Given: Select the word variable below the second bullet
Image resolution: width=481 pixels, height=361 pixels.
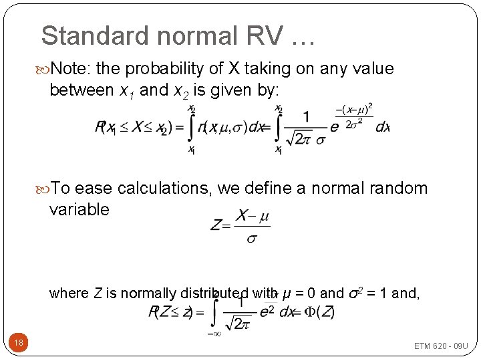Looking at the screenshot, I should (x=79, y=209).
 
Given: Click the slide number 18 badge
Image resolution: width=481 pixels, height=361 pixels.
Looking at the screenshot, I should (x=19, y=343).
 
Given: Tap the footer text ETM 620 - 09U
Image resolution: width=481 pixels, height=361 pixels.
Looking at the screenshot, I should (x=441, y=346).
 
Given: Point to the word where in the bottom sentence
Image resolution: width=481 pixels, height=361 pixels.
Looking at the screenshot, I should (x=69, y=293).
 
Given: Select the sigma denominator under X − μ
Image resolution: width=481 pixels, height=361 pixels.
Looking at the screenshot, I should (x=251, y=239).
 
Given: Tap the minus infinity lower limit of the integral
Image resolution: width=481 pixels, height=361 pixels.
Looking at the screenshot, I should (x=214, y=333).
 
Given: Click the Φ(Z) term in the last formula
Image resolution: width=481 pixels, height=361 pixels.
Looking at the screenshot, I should (x=321, y=312).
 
